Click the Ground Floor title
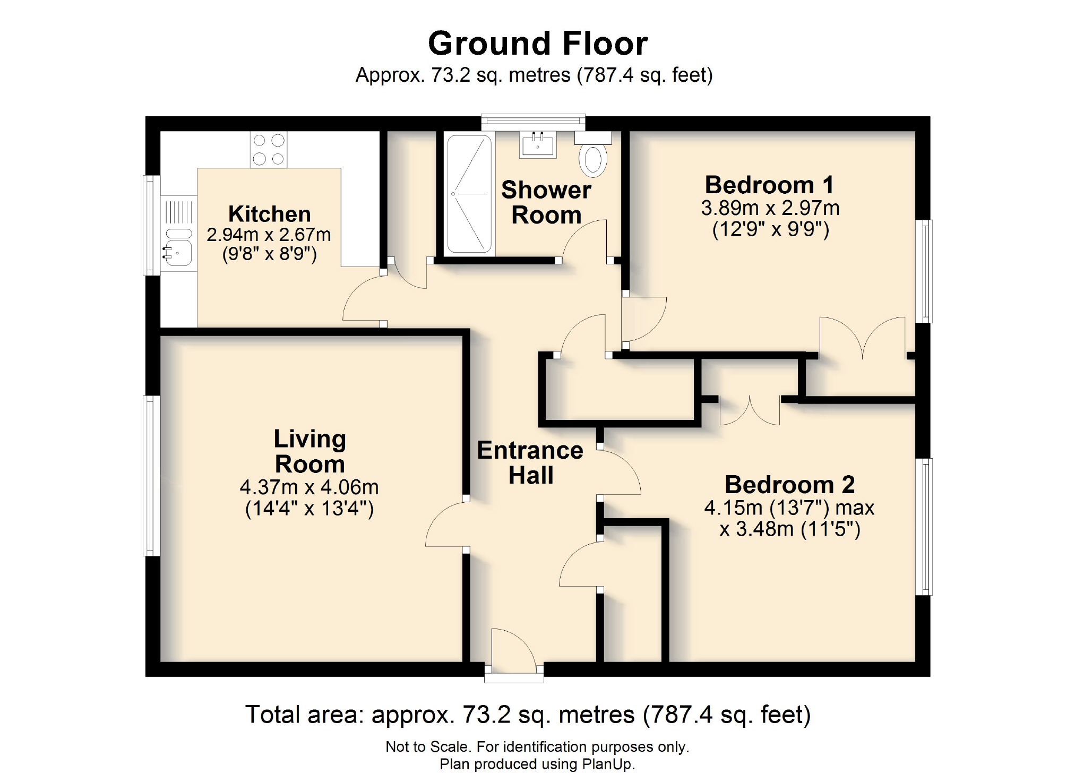pos(537,44)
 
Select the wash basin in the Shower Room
pos(538,144)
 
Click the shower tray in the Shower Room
pos(469,194)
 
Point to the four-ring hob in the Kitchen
pos(269,150)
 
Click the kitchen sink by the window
pos(178,247)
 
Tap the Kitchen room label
pos(269,214)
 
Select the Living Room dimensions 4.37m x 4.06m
pos(309,487)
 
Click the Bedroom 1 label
pos(769,185)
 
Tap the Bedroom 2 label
pos(789,484)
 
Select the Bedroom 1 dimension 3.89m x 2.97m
pos(770,208)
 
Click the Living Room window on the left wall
pos(152,476)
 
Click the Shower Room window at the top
pos(533,122)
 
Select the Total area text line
pos(528,715)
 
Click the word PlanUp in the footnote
pos(608,764)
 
